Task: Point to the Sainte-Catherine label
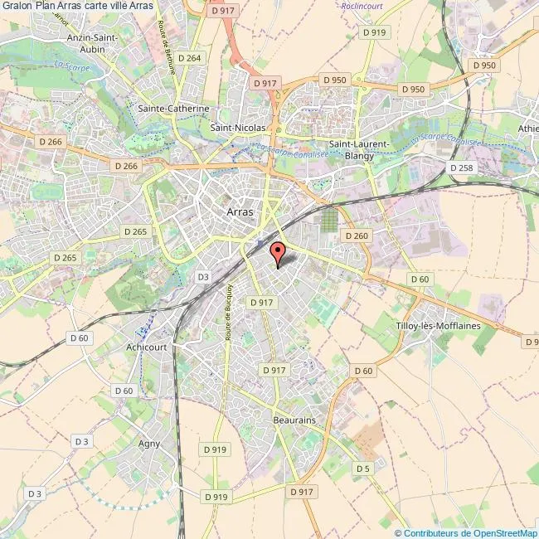[x=173, y=109]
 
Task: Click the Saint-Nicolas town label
[x=238, y=128]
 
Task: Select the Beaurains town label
[x=294, y=420]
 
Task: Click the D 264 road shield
[x=190, y=58]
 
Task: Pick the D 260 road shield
[x=356, y=236]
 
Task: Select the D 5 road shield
[x=362, y=469]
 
